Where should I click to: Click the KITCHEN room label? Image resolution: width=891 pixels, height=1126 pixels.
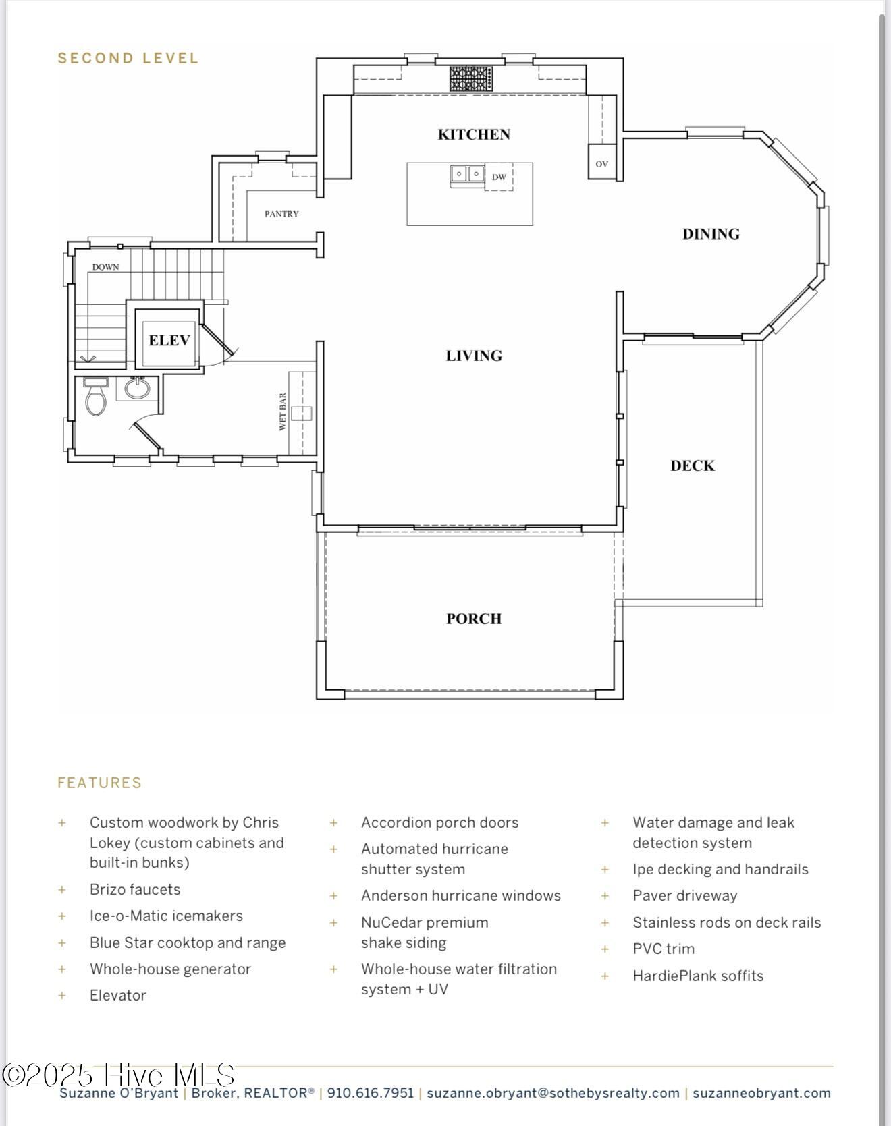[474, 134]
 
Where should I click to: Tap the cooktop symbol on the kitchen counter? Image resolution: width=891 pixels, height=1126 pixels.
[471, 78]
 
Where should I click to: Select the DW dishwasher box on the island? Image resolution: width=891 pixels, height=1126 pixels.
[499, 177]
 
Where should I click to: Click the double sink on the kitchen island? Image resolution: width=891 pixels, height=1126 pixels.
[467, 174]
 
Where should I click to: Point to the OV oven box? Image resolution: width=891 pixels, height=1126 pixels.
[601, 163]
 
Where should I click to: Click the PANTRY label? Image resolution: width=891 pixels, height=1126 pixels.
[281, 214]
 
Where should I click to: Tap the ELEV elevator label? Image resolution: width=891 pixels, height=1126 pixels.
[169, 340]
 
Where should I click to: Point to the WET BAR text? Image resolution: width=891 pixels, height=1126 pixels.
[283, 412]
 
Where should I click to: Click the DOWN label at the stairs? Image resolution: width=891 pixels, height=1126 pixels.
[105, 267]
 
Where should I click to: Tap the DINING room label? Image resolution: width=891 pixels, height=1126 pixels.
[711, 234]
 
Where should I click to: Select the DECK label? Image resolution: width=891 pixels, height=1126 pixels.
[693, 466]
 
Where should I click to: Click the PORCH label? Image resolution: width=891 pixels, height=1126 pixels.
[474, 619]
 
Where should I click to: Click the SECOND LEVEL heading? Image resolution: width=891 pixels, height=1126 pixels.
[128, 58]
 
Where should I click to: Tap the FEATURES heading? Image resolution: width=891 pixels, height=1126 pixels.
[100, 783]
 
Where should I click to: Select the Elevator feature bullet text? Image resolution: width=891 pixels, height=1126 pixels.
[118, 995]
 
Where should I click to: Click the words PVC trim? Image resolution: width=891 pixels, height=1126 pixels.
[664, 949]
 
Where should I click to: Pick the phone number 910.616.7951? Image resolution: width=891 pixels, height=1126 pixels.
[371, 1093]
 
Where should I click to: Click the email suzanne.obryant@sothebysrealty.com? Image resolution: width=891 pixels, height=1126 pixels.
[553, 1093]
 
